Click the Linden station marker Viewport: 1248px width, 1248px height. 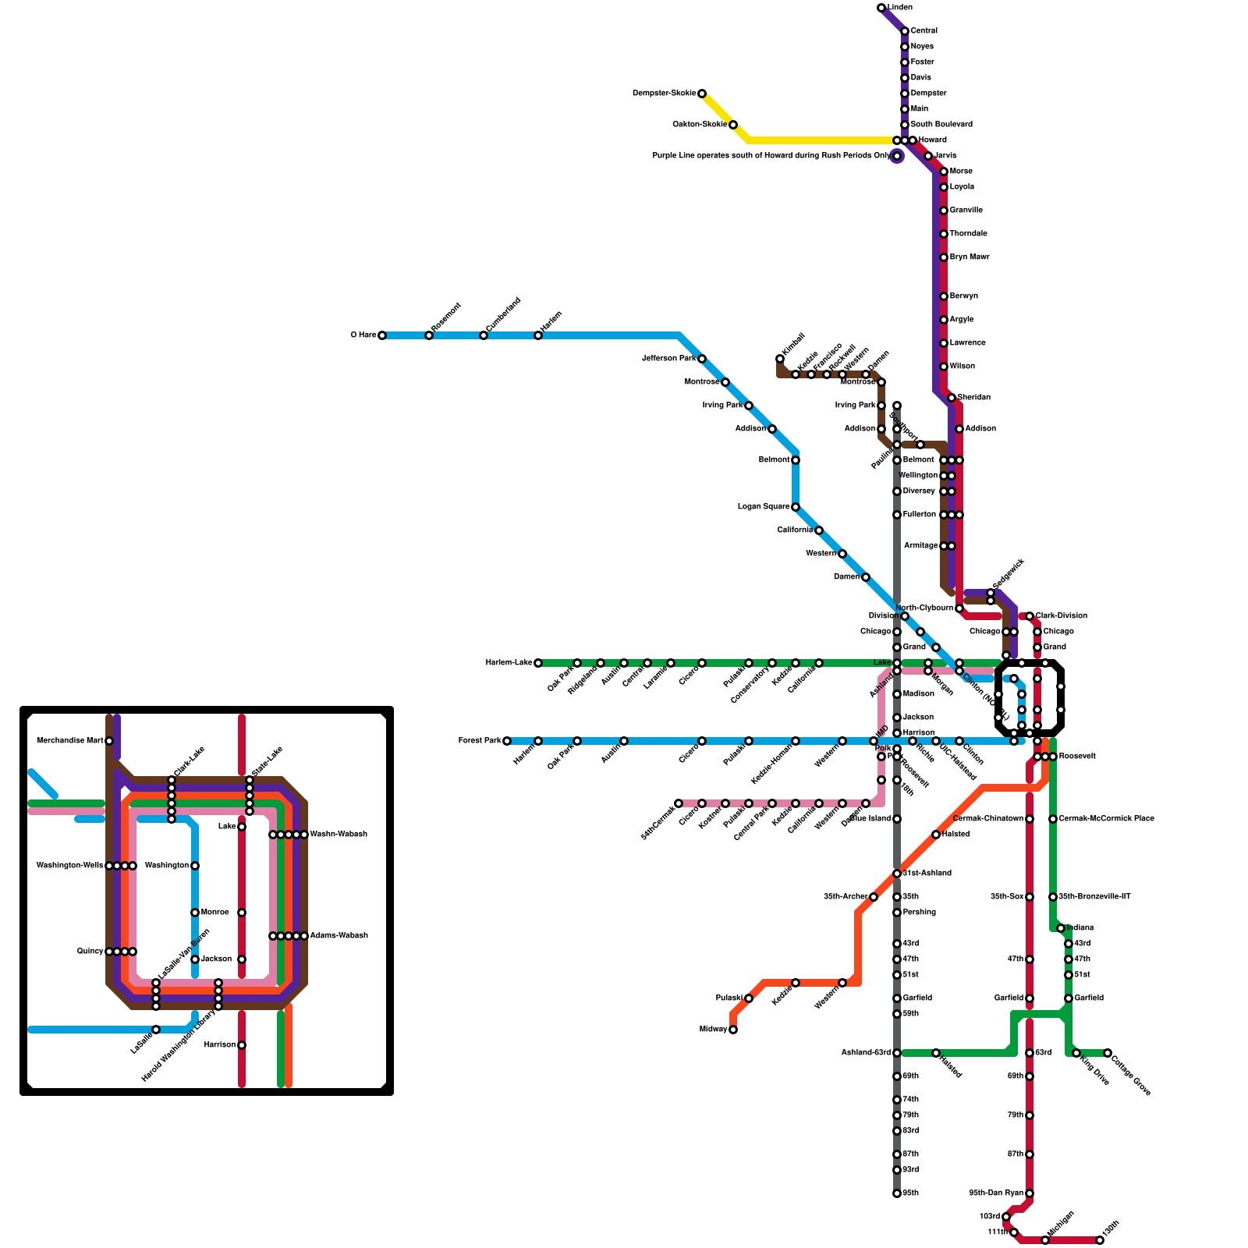pos(881,8)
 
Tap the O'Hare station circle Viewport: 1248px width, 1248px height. pos(382,335)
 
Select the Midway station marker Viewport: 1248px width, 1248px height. pos(733,1030)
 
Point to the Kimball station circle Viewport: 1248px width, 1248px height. pos(780,359)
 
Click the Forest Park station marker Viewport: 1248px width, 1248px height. pos(507,741)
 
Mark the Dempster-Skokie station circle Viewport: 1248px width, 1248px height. pos(702,94)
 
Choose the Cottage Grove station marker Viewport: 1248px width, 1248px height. pos(1108,1053)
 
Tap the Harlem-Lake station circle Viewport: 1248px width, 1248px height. pos(538,663)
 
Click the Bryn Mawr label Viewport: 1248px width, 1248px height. pos(969,257)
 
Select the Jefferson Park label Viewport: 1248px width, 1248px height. pos(668,359)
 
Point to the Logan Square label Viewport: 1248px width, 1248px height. pos(764,507)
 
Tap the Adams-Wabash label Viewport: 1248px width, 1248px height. pos(339,936)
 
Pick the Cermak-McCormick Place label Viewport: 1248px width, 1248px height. pos(1106,819)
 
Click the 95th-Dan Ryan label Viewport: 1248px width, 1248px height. pos(996,1193)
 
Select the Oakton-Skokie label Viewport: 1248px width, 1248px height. pos(700,125)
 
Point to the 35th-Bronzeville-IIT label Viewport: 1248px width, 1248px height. pos(1094,897)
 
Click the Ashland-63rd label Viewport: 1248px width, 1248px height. pos(866,1053)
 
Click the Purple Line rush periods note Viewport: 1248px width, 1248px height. pos(771,156)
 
